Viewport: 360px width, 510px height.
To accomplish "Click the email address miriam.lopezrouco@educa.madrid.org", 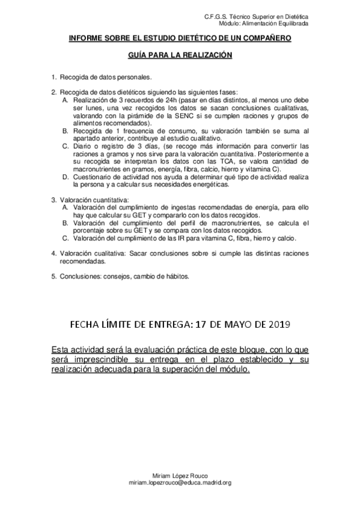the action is point(180,483).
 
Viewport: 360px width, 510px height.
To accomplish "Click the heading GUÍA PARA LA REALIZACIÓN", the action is point(180,54).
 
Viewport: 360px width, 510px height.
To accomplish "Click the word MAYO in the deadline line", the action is point(235,325).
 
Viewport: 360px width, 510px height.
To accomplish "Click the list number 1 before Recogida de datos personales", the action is point(53,77).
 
